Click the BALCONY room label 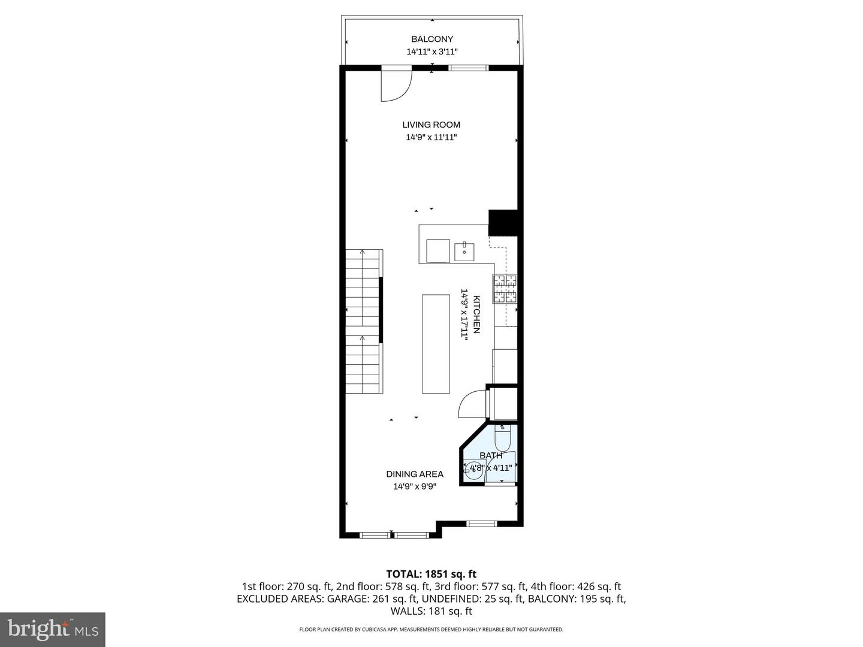point(431,39)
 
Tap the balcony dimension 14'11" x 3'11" point(431,52)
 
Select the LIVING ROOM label point(431,125)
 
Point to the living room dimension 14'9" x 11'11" point(431,137)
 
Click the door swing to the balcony point(396,86)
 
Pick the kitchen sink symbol point(464,252)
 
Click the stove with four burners point(505,289)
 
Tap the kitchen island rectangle point(436,343)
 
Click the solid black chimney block point(503,222)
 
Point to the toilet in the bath point(502,439)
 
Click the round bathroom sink point(475,469)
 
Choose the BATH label point(491,455)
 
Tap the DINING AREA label point(415,474)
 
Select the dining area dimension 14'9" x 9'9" point(415,486)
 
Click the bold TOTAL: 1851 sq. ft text point(431,574)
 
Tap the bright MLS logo point(53,629)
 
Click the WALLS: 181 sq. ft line point(431,611)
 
